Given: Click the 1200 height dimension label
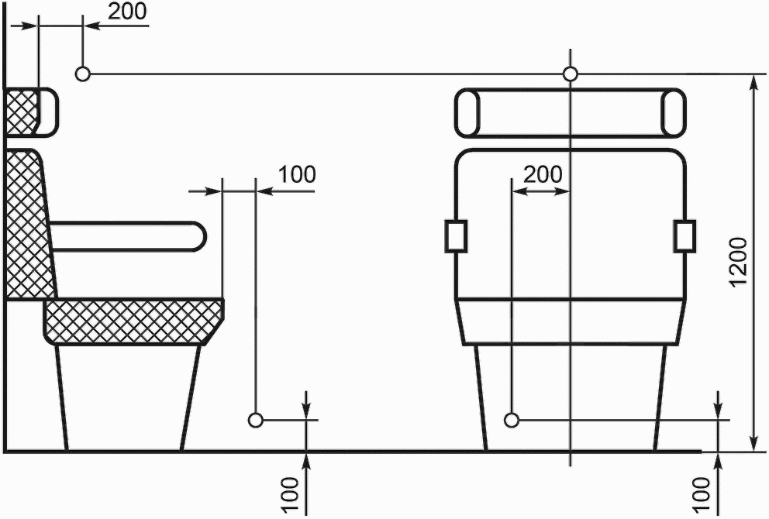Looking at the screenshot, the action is click(x=739, y=262).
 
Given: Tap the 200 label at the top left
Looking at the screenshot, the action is click(x=127, y=11).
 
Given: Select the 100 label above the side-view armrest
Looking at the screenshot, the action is click(x=298, y=174).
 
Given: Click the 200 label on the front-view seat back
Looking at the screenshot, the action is click(x=543, y=174).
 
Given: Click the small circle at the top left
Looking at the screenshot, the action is click(x=83, y=74).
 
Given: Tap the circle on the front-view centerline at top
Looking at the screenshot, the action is click(x=570, y=74).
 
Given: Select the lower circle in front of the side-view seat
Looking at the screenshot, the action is click(x=256, y=420).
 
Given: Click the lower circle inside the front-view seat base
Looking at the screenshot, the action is click(x=512, y=420).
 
